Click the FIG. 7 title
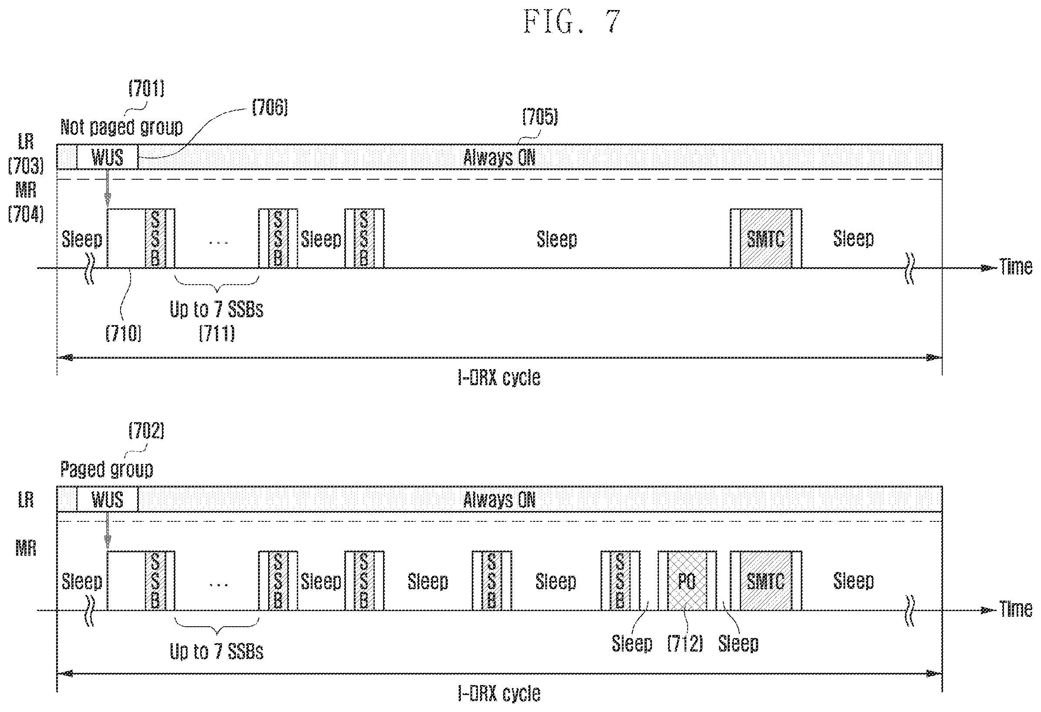[571, 22]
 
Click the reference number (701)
[147, 88]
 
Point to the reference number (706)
[270, 107]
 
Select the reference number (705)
[540, 117]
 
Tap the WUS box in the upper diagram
[107, 157]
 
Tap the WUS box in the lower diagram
[107, 499]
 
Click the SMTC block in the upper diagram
[766, 238]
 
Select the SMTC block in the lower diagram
[766, 581]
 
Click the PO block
[687, 581]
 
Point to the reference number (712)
[685, 643]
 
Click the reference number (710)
[124, 333]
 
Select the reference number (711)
[217, 333]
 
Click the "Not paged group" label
[121, 127]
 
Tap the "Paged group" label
[107, 469]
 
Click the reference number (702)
[147, 430]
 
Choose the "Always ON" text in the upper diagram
[499, 158]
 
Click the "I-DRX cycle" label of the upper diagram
[499, 378]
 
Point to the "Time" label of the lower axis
[1016, 609]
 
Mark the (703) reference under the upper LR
[26, 166]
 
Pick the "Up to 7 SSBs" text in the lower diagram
[216, 651]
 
